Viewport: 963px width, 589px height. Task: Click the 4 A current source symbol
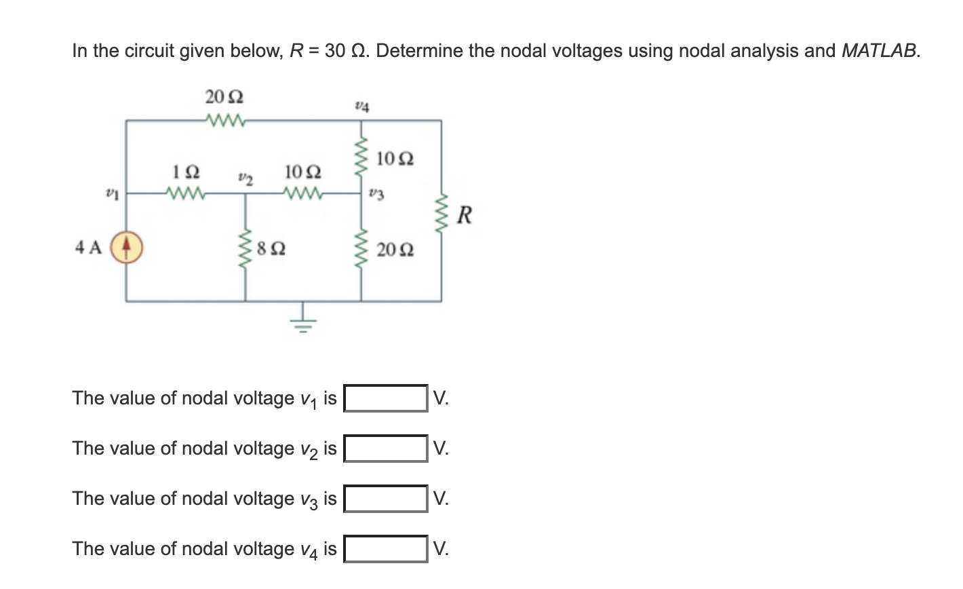coord(125,247)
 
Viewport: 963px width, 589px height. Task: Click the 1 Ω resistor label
coord(186,171)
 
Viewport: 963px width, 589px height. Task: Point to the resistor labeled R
coord(443,215)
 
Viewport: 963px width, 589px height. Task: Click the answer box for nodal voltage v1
coord(386,398)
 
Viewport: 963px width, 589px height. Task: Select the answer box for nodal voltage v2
coord(386,449)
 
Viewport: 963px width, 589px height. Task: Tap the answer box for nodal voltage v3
coord(386,499)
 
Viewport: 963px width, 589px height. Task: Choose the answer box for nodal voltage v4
coord(386,549)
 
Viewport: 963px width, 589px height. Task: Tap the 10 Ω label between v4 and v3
coord(395,159)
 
